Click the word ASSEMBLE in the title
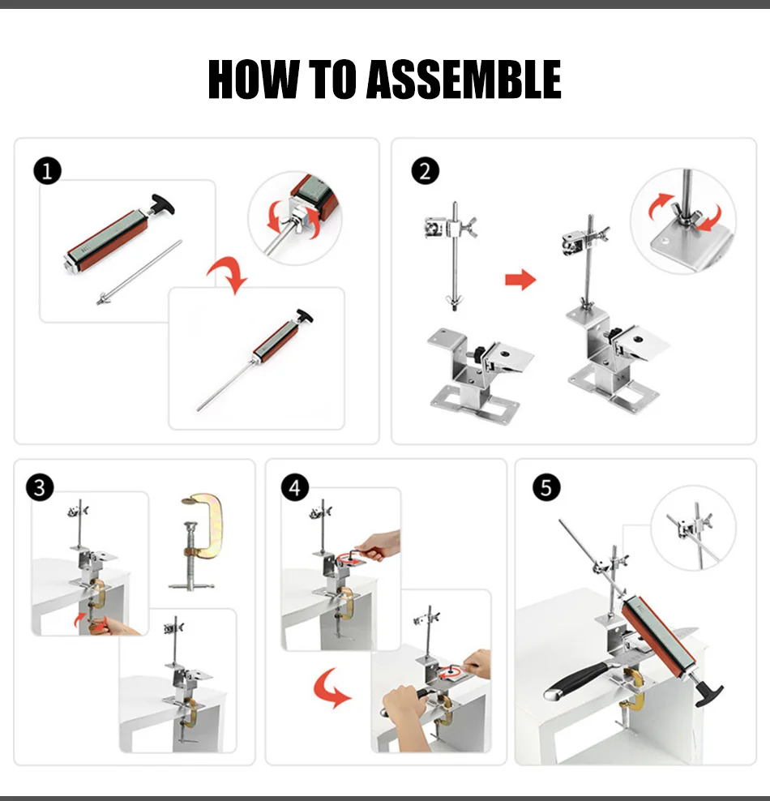tap(464, 79)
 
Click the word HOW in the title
tap(253, 79)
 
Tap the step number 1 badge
tap(48, 170)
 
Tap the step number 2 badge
tap(426, 170)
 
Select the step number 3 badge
tap(40, 487)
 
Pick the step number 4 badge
tap(295, 487)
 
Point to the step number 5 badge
tap(546, 487)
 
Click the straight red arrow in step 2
tap(520, 280)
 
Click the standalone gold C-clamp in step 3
tap(198, 542)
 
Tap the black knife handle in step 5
tap(578, 679)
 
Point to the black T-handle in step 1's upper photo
tap(163, 205)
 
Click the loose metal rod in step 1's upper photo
tap(139, 272)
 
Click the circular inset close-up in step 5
tap(694, 528)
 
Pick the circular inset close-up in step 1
tap(294, 218)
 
